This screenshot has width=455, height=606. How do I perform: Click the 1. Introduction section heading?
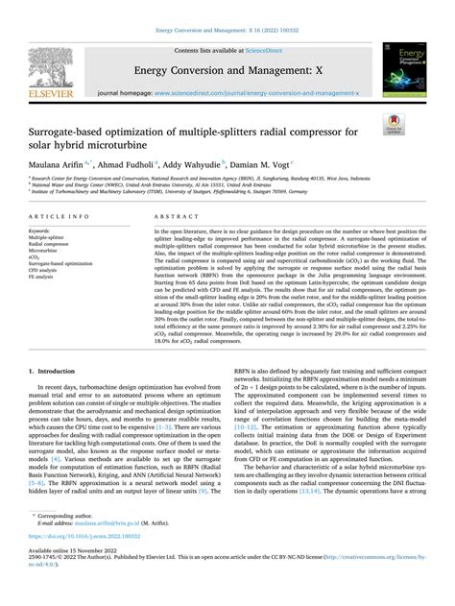click(59, 343)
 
